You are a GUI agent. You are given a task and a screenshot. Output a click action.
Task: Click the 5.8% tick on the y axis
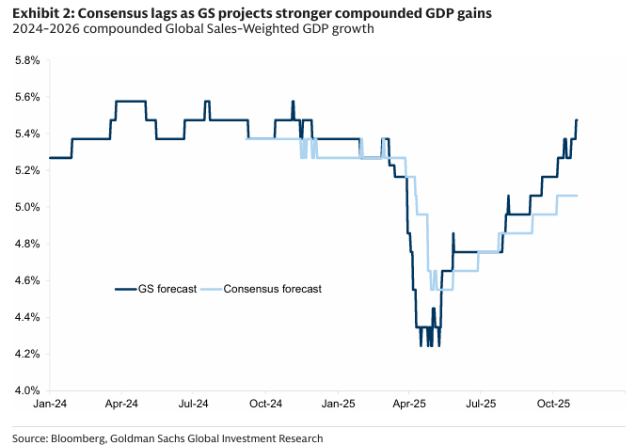coord(25,60)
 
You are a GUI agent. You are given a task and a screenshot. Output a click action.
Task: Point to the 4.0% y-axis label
coord(25,390)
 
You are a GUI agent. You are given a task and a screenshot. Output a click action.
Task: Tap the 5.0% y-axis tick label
coord(25,207)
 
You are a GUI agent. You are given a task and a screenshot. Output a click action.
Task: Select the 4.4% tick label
coord(25,317)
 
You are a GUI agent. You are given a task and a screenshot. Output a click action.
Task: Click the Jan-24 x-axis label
coord(49,404)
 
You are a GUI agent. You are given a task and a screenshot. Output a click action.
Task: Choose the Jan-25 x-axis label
coord(337,404)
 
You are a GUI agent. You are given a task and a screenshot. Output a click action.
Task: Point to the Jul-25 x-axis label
coord(480,404)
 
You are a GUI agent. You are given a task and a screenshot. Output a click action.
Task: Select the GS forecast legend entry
coord(156,289)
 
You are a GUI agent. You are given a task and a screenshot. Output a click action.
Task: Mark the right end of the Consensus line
coord(577,196)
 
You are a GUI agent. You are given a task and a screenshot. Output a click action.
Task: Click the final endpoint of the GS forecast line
coord(577,119)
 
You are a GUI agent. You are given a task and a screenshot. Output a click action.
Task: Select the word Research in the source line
coord(300,437)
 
